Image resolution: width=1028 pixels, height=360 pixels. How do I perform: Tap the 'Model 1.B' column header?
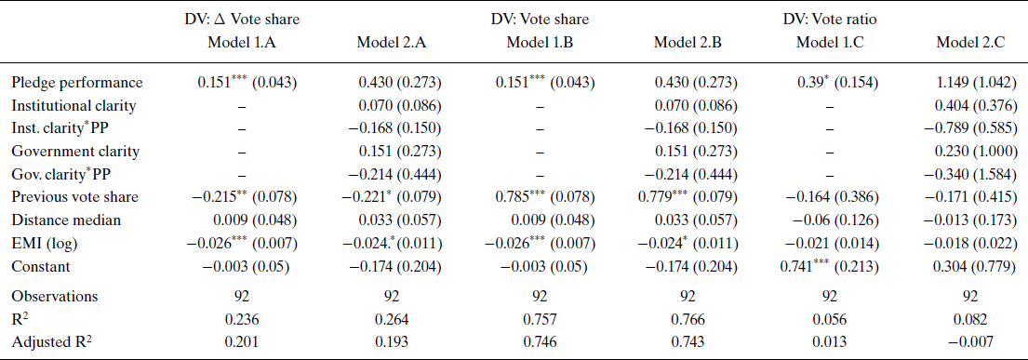(540, 42)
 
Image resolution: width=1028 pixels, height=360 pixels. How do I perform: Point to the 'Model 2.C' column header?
(969, 42)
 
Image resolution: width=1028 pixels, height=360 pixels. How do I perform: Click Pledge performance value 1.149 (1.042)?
(968, 83)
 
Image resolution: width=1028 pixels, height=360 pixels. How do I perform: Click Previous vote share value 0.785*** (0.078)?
(540, 195)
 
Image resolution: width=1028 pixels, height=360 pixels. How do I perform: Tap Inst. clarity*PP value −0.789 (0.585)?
(968, 127)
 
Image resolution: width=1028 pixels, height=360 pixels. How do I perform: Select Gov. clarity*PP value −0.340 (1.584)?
(968, 173)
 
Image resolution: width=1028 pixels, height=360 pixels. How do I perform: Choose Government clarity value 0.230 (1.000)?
(968, 151)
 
